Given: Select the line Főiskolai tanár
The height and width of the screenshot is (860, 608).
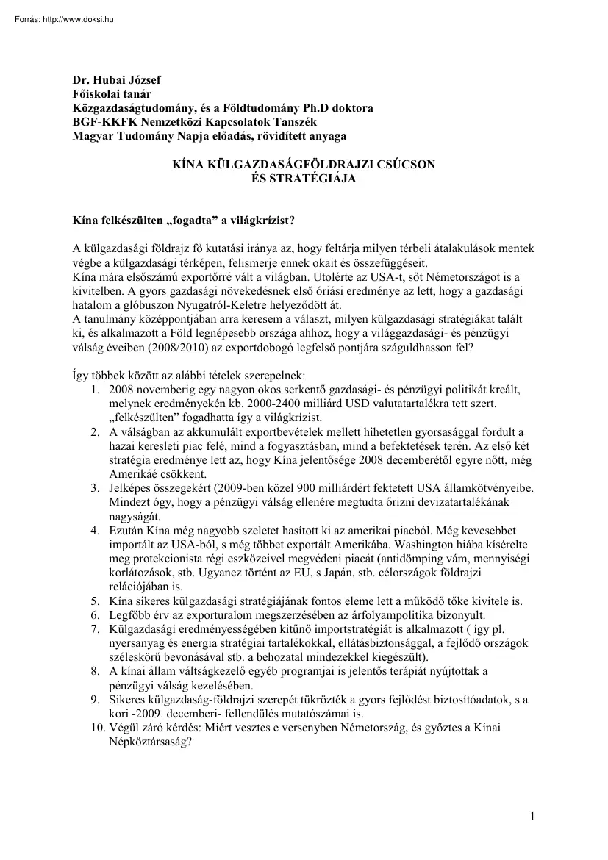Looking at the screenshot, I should tap(108, 95).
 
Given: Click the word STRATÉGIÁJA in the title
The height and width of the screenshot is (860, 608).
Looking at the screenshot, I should tap(302, 179).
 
